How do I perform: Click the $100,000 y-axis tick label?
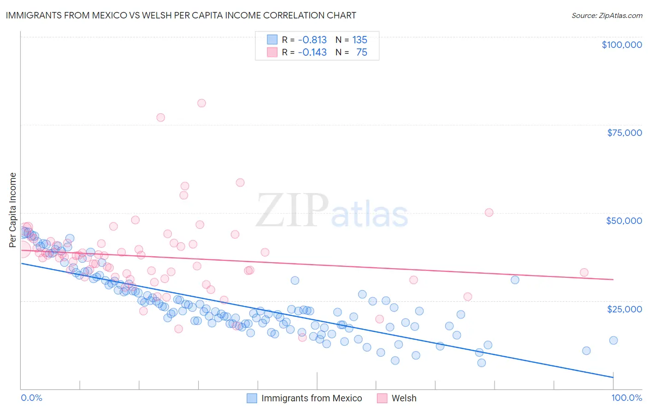pyautogui.click(x=622, y=45)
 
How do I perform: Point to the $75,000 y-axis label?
pyautogui.click(x=624, y=133)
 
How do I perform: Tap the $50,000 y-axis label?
pyautogui.click(x=624, y=221)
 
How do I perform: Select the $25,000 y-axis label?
pyautogui.click(x=624, y=309)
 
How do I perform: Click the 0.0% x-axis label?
pyautogui.click(x=31, y=398)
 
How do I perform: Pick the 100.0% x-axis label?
pyautogui.click(x=626, y=398)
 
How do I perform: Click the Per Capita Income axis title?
pyautogui.click(x=12, y=210)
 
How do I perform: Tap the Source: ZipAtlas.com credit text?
pyautogui.click(x=607, y=15)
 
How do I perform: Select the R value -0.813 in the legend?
pyautogui.click(x=312, y=40)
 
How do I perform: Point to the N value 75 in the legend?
pyautogui.click(x=362, y=52)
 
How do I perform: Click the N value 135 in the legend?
pyautogui.click(x=359, y=40)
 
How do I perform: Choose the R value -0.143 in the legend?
pyautogui.click(x=312, y=52)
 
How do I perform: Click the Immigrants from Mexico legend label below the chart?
pyautogui.click(x=312, y=398)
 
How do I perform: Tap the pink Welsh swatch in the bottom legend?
pyautogui.click(x=382, y=398)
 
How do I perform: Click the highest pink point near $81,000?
pyautogui.click(x=201, y=103)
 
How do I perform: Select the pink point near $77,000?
pyautogui.click(x=160, y=117)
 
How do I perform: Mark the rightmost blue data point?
pyautogui.click(x=613, y=340)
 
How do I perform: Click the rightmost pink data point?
pyautogui.click(x=584, y=272)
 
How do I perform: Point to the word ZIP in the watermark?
pyautogui.click(x=292, y=210)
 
